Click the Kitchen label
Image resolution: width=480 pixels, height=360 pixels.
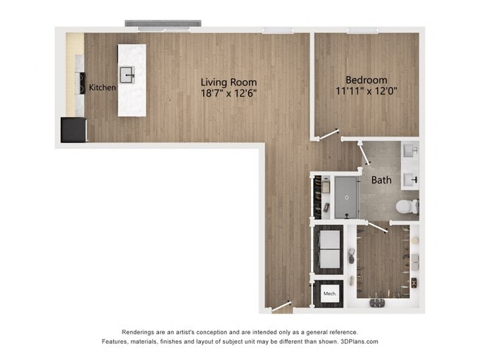tap(103, 88)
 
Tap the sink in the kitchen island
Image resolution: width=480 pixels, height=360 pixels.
tap(131, 74)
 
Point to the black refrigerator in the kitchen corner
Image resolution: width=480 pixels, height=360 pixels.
tap(72, 130)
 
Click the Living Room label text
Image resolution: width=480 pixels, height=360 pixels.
tap(230, 82)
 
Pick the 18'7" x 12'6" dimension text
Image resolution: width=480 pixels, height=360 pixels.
tap(230, 94)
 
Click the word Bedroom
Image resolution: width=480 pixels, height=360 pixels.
tap(367, 80)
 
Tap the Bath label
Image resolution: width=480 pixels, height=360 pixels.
tap(382, 180)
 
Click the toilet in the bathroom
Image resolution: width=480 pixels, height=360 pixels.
tap(406, 206)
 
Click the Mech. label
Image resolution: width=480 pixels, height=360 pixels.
tap(329, 294)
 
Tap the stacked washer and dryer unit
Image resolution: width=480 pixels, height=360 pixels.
tap(328, 249)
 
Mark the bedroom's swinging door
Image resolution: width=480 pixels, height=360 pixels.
tap(328, 135)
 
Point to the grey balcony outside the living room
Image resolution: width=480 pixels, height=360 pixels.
tap(163, 24)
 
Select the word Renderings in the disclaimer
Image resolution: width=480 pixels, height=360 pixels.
tap(140, 332)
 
